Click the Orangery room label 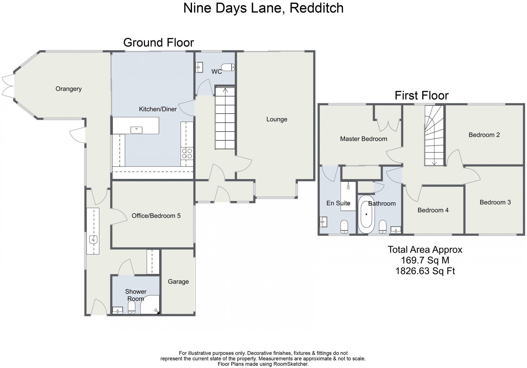click(69, 89)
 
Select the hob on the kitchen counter click(187, 154)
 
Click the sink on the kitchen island click(136, 130)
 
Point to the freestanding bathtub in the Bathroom click(366, 214)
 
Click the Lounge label click(277, 119)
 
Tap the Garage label click(178, 281)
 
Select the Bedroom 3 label click(495, 202)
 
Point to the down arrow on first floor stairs click(434, 162)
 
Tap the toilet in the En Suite click(344, 226)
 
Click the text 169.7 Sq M click(425, 260)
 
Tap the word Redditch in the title click(316, 8)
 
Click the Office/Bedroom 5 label click(156, 216)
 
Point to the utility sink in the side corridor click(93, 240)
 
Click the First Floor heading click(421, 96)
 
